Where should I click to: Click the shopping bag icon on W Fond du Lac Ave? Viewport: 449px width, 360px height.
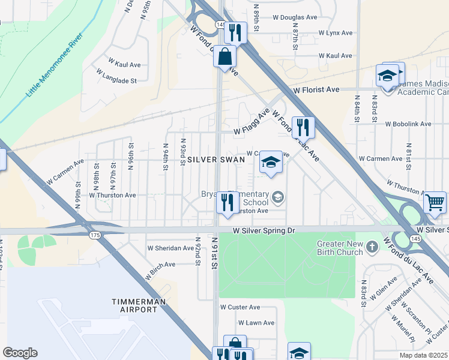click(224, 57)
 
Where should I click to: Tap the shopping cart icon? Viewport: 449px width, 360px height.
click(435, 202)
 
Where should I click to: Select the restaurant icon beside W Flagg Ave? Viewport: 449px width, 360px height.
click(302, 127)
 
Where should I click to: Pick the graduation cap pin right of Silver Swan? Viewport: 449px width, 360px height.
click(271, 162)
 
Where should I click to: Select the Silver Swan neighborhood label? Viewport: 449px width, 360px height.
click(215, 160)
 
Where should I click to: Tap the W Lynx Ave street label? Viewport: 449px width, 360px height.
click(334, 33)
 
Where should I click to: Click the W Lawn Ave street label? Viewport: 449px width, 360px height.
click(256, 323)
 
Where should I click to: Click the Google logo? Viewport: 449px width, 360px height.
click(20, 352)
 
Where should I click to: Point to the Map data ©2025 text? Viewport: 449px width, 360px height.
click(423, 355)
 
